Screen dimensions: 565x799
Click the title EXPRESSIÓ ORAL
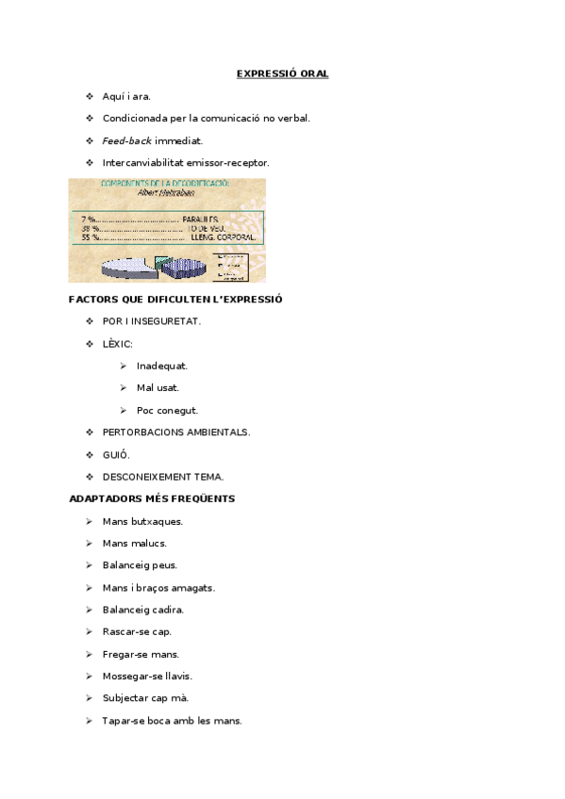(x=282, y=73)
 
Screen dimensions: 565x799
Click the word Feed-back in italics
(x=127, y=140)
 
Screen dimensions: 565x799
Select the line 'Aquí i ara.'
(x=126, y=96)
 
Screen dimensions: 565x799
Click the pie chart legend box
(x=232, y=267)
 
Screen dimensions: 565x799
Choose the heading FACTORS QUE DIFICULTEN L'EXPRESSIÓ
(x=175, y=300)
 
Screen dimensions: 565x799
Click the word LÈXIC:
(x=118, y=344)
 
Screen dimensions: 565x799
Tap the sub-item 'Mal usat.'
(x=158, y=387)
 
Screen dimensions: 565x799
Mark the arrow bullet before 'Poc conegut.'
(x=124, y=410)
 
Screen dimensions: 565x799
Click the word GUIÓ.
(x=116, y=454)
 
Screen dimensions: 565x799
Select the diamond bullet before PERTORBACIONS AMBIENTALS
(x=90, y=432)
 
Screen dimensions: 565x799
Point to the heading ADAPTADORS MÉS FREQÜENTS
(x=152, y=498)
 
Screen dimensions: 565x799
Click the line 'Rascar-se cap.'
(x=137, y=631)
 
